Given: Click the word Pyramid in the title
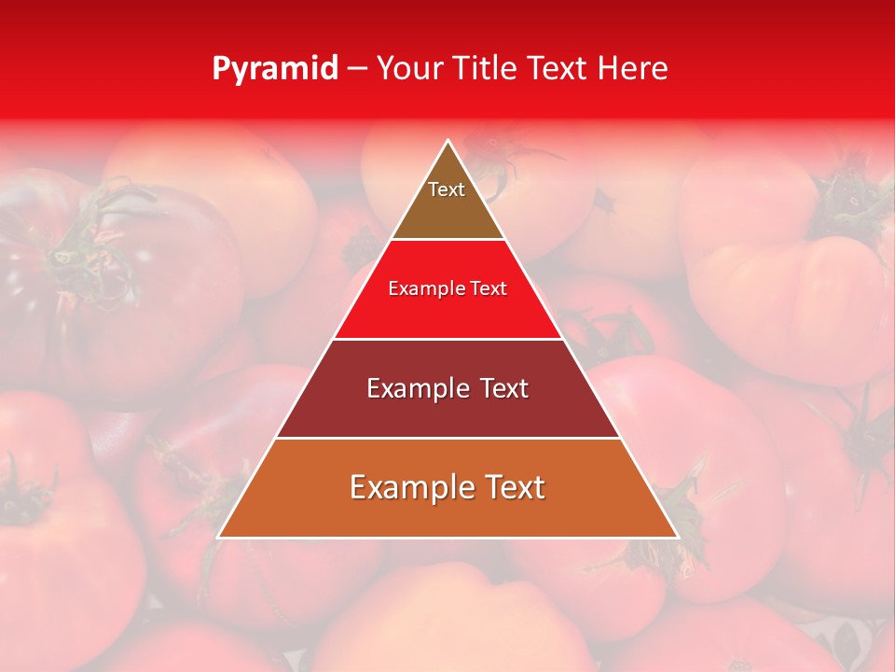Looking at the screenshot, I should coord(275,69).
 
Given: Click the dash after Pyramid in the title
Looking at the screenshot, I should coord(357,69).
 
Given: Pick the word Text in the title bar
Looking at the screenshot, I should coord(559,69).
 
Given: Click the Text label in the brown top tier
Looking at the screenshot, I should coord(447,190).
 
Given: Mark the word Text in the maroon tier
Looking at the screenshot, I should coord(504,388).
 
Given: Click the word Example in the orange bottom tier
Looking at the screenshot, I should coord(409,487).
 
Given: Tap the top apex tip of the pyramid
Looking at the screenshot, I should coord(447,141).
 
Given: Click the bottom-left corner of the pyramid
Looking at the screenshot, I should coord(218,537).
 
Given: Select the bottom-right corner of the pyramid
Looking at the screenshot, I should coord(677,537).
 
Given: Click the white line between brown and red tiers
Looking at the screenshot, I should coord(447,240).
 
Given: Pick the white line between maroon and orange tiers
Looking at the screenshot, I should coord(447,438).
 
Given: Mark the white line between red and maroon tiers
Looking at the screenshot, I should coord(447,339).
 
